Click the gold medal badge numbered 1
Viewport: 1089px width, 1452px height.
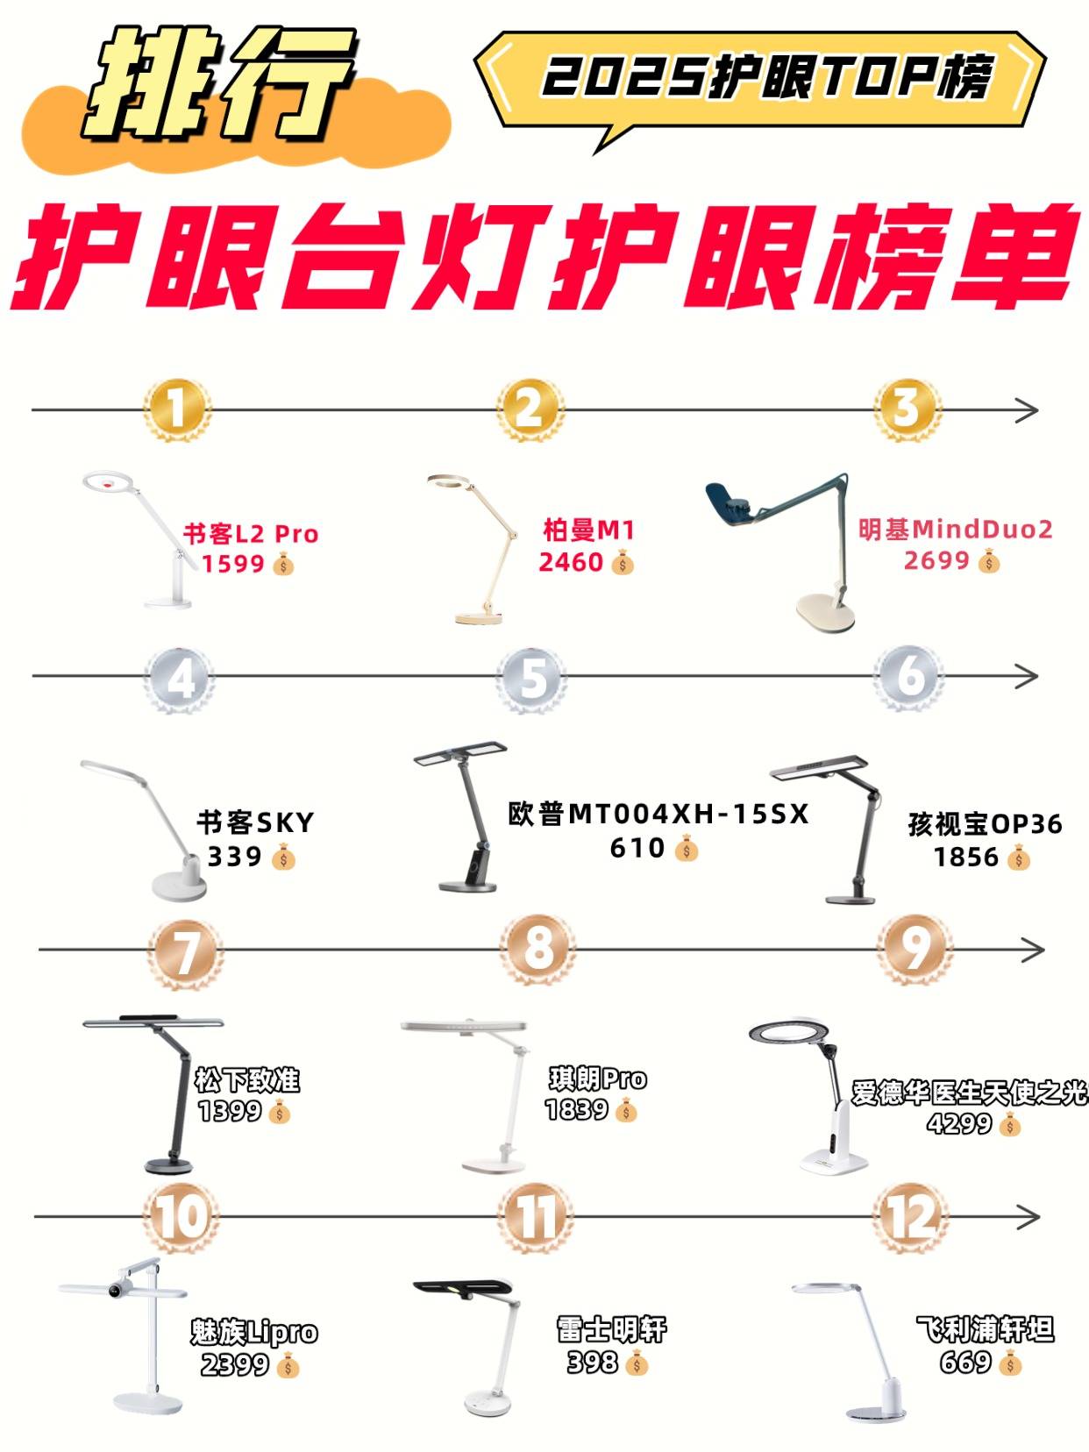pos(177,409)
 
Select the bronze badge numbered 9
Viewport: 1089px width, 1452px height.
pos(915,950)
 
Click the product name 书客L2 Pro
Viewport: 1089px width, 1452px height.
pos(251,534)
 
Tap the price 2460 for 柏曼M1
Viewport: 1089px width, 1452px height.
pos(572,562)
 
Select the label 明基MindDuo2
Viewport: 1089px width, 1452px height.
pos(955,530)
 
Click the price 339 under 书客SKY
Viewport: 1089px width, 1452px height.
pos(235,857)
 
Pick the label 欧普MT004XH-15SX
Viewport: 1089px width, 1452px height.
pos(658,814)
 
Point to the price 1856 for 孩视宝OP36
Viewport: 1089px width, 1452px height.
pos(966,857)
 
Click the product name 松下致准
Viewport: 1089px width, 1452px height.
pos(247,1080)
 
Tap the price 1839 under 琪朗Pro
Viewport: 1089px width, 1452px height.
pos(577,1109)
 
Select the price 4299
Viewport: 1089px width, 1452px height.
pos(959,1122)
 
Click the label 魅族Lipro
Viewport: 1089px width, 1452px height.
pos(254,1332)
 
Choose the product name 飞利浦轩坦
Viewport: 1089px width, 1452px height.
pos(986,1329)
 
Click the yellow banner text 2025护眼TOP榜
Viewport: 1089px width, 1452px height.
pos(768,77)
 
